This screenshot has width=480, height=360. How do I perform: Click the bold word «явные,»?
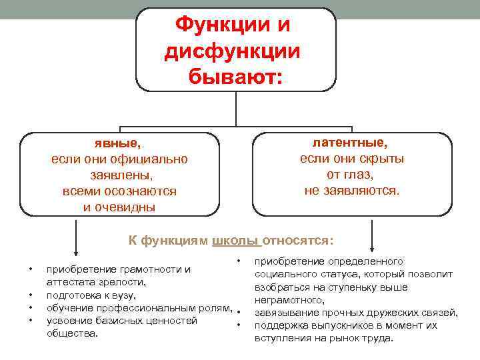coord(119,143)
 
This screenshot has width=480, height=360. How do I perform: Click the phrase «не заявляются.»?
coord(352,191)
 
